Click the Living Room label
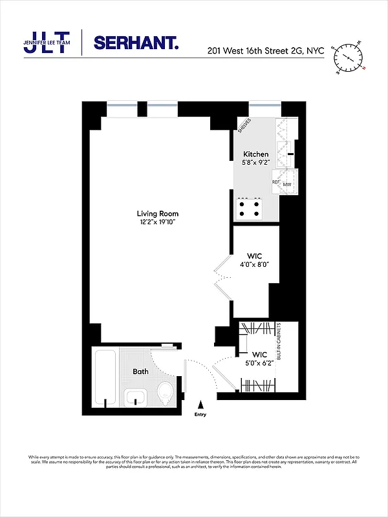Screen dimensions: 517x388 [157, 213]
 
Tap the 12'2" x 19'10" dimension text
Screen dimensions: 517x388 [157, 222]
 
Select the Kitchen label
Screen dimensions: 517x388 [255, 154]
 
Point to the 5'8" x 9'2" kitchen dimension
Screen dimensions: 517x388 [255, 163]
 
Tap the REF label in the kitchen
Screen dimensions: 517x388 [275, 183]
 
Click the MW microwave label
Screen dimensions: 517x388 [287, 184]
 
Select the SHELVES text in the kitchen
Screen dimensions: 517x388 [244, 125]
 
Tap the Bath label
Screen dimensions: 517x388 [140, 372]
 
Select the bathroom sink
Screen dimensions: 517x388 [135, 397]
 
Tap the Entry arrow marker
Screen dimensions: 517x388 [200, 403]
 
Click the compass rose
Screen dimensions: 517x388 [349, 58]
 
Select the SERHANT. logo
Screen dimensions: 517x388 [136, 43]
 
